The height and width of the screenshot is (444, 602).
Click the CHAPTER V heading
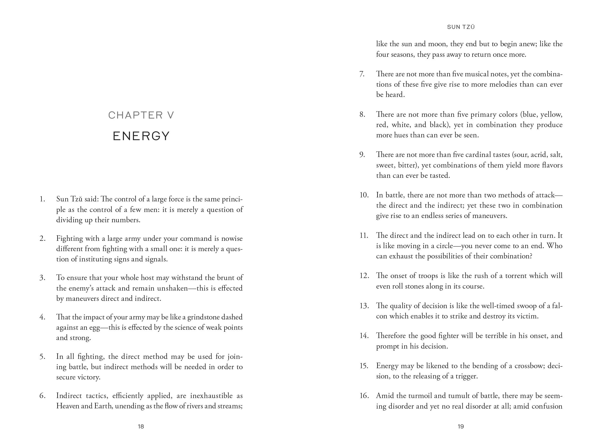tap(141, 115)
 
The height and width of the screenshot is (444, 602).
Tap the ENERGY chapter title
tap(141, 136)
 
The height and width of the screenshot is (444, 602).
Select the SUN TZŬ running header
tap(461, 27)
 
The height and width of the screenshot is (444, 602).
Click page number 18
tap(141, 426)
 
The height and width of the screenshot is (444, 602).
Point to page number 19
tap(461, 426)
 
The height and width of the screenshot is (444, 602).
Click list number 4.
tap(42, 317)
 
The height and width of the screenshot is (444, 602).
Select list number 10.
tap(364, 195)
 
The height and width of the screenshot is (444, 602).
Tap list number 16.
tap(364, 396)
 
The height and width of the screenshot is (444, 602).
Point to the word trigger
tap(466, 376)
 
